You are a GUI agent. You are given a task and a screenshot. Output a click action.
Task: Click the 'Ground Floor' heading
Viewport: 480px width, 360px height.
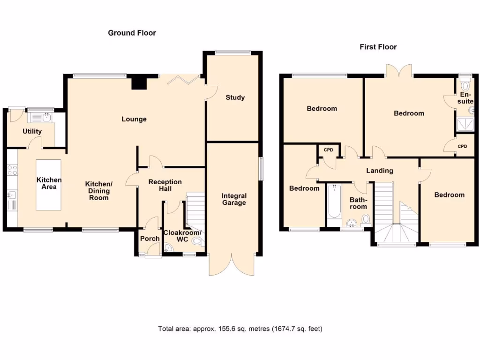pos(132,33)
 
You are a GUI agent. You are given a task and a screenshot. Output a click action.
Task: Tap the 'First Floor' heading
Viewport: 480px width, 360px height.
pos(378,47)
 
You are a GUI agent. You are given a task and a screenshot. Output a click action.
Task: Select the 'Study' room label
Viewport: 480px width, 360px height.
pos(235,97)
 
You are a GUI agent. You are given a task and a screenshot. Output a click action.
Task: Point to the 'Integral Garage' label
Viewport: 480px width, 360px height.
pos(234,199)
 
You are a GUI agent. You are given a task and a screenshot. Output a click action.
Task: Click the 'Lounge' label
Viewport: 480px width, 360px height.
pos(134,119)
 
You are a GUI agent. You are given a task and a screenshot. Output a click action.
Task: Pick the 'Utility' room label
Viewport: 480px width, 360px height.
pos(32,131)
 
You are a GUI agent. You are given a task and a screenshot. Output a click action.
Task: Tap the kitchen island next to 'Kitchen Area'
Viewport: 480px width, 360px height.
pos(49,185)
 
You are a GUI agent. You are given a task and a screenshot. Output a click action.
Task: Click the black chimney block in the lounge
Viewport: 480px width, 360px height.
pos(138,82)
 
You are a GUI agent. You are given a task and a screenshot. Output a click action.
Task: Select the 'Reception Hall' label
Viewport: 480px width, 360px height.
pos(165,185)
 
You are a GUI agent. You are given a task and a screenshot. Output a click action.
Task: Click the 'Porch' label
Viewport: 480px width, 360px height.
pos(150,239)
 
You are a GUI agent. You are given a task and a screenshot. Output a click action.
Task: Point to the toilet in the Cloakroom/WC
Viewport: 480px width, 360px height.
pos(199,241)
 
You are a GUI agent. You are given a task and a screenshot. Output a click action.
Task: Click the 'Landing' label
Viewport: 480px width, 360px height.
pos(379,171)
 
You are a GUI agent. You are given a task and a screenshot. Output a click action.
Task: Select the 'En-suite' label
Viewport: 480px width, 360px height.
pos(465,98)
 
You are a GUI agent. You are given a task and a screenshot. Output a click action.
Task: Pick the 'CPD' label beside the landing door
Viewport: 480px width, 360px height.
pos(328,150)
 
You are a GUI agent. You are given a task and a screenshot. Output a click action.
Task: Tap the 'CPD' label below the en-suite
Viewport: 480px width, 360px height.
pos(462,146)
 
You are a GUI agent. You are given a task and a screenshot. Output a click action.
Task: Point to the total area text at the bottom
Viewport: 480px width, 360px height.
pos(240,329)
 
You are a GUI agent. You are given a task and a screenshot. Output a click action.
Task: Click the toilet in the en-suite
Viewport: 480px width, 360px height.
pos(465,86)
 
